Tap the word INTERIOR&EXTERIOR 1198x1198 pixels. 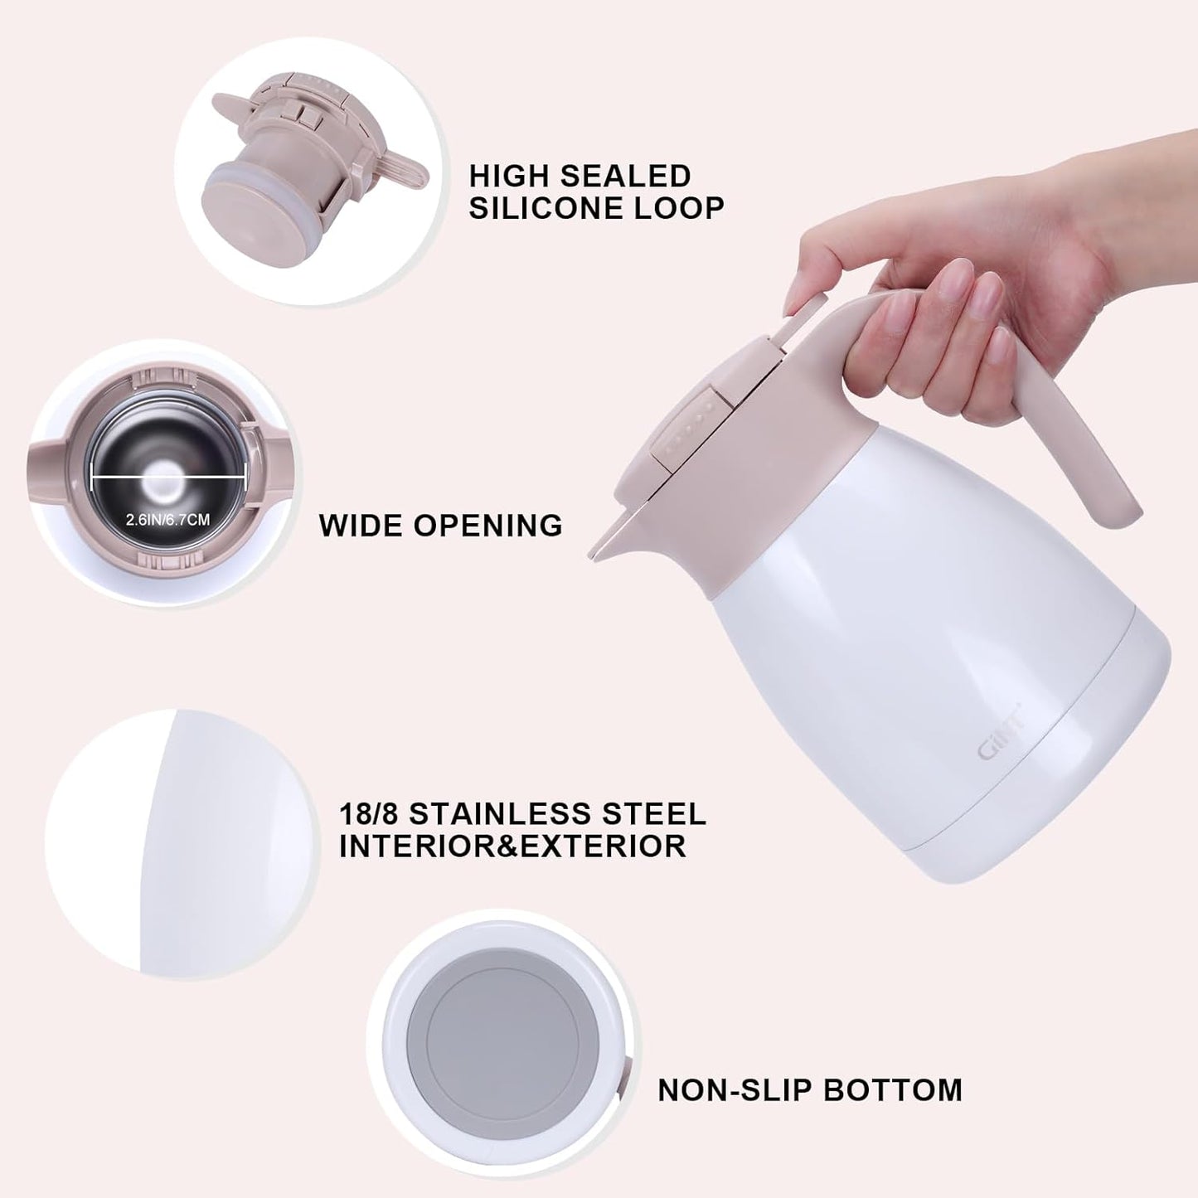(x=512, y=846)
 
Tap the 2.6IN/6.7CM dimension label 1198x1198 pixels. (x=167, y=520)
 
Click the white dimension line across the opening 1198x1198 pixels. (x=168, y=476)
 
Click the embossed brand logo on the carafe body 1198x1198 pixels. (x=1000, y=741)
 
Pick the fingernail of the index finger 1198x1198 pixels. (x=960, y=277)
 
